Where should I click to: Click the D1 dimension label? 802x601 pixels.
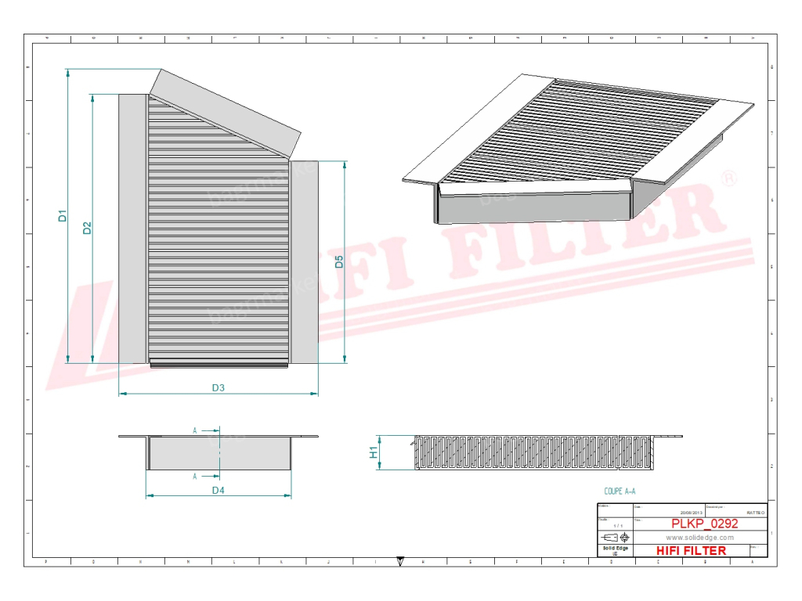[63, 215]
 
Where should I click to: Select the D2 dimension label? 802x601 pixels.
[88, 228]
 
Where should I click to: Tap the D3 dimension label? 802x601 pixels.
[219, 387]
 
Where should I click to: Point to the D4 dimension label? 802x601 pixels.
[219, 490]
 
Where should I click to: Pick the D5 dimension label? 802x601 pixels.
[339, 261]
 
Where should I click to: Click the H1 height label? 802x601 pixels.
[374, 453]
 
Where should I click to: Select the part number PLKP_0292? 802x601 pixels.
[704, 524]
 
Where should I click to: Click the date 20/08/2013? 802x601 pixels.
[692, 513]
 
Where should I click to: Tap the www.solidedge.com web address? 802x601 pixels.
[699, 538]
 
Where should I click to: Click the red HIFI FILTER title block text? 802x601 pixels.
[691, 550]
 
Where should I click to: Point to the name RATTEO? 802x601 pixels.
[756, 513]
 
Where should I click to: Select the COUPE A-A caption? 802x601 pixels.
[620, 491]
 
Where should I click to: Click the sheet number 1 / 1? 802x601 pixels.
[617, 525]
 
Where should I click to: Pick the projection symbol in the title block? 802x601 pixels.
[615, 538]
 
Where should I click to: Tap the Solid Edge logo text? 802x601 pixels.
[615, 549]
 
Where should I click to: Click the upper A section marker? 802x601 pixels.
[194, 430]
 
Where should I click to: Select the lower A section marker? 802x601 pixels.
[194, 476]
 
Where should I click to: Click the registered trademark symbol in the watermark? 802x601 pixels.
[728, 179]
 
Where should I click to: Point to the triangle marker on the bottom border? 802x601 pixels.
[400, 560]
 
